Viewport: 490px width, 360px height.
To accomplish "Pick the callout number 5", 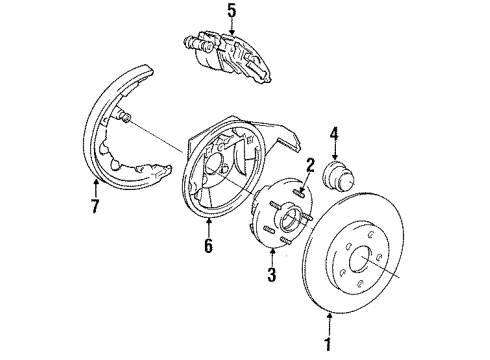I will pos(232,13).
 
